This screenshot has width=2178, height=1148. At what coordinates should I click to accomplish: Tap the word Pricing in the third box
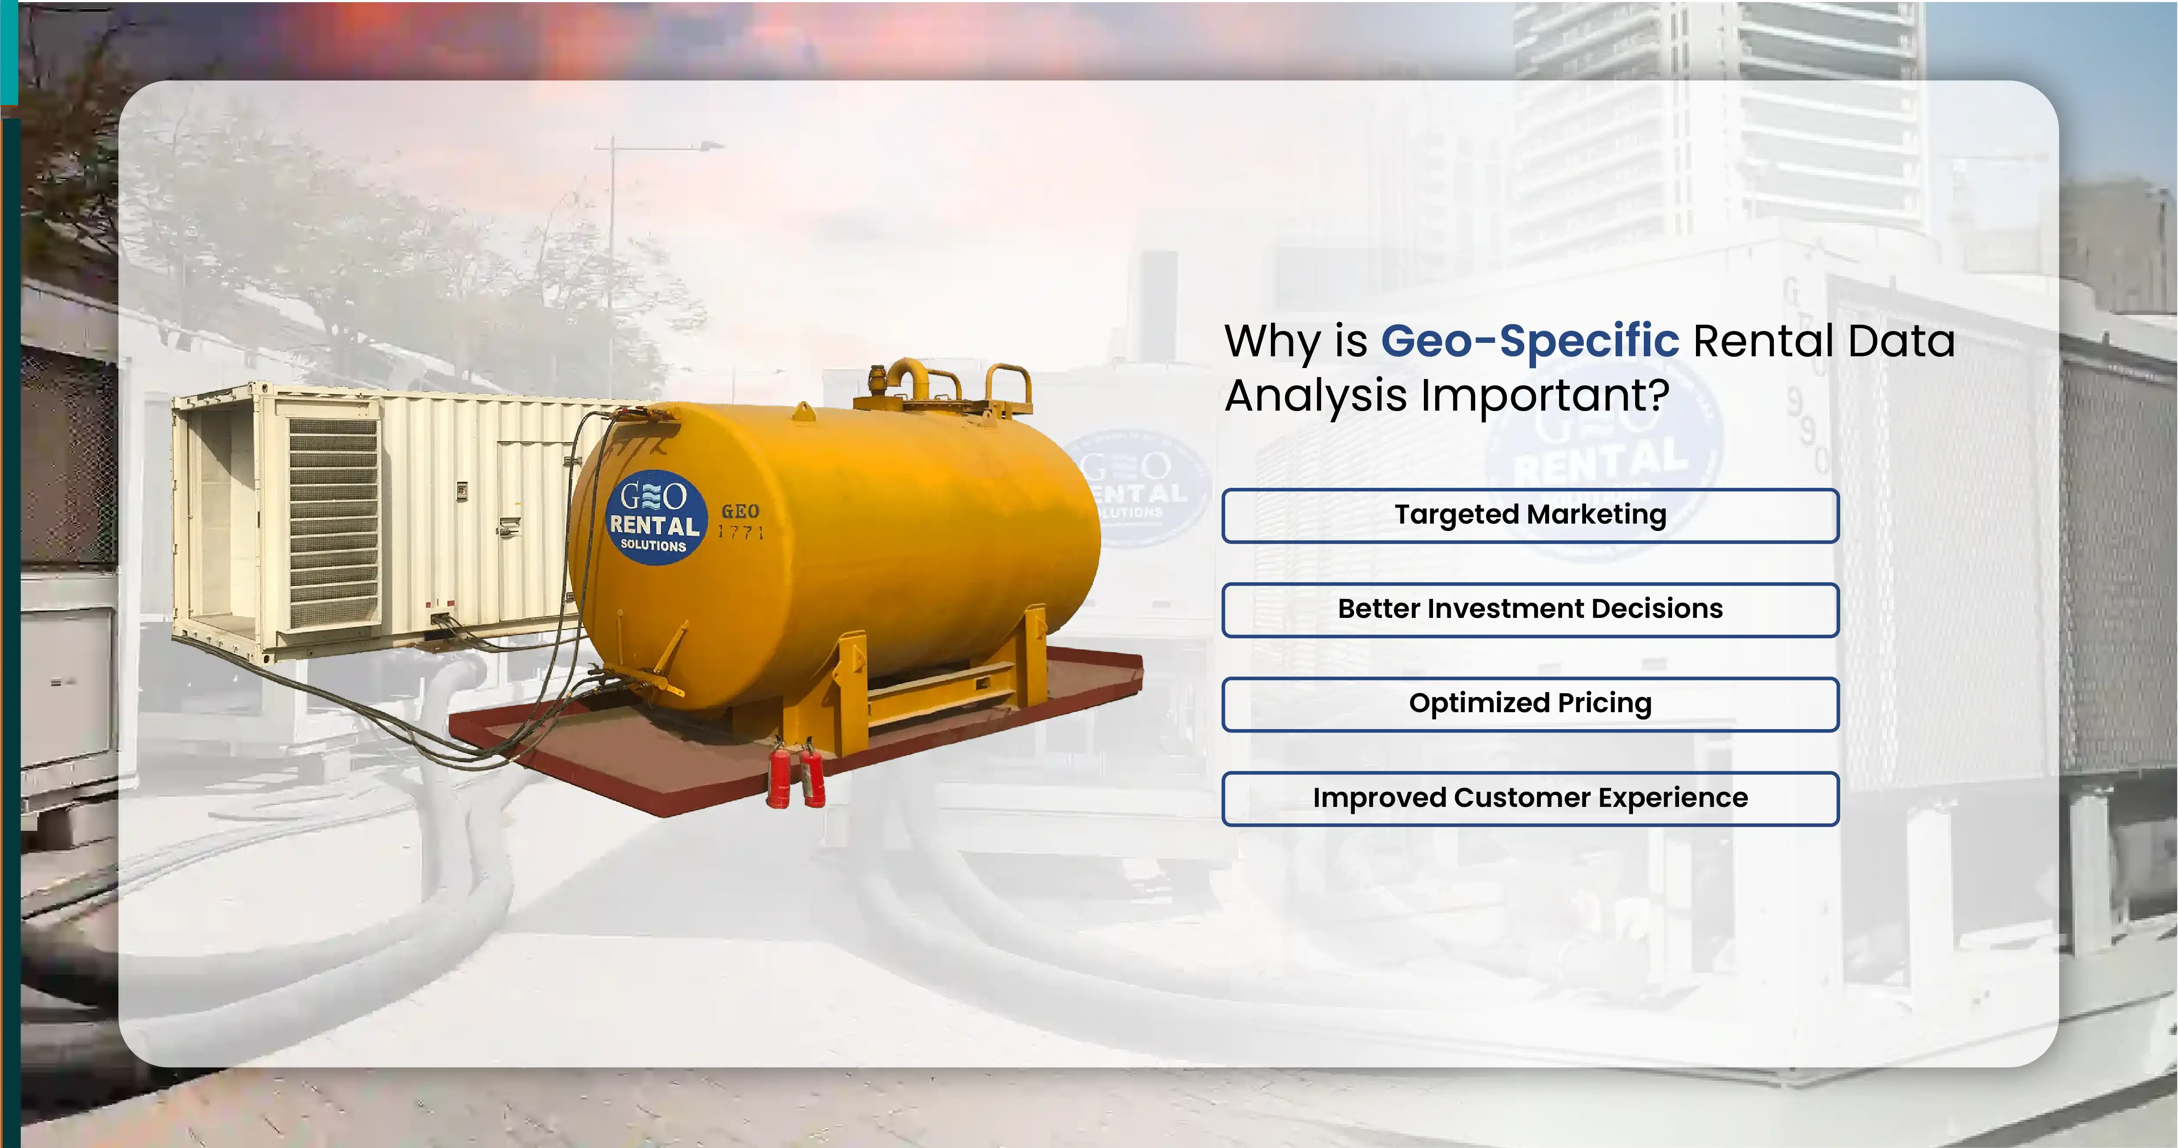[x=1604, y=703]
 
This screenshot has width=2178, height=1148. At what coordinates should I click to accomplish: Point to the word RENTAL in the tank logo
[x=655, y=525]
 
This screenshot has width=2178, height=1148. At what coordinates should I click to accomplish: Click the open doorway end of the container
[x=222, y=516]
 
